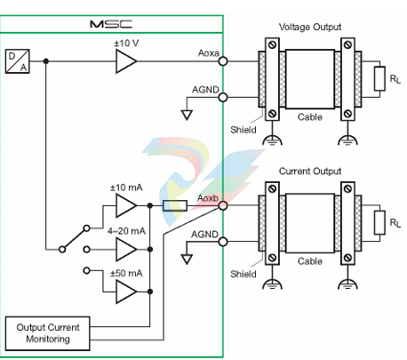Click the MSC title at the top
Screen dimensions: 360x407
[x=110, y=24]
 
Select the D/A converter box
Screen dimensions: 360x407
[x=17, y=60]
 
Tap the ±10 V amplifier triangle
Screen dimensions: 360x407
[x=125, y=62]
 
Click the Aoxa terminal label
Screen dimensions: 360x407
[x=208, y=53]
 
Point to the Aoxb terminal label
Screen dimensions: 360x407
[x=209, y=197]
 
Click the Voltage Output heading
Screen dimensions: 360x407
[x=309, y=27]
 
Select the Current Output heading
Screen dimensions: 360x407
[x=309, y=171]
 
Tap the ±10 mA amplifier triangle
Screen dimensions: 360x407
[x=125, y=206]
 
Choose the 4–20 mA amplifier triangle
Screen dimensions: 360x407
[x=125, y=247]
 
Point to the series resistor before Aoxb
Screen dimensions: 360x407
[x=174, y=206]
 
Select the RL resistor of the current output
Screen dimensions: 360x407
[x=379, y=221]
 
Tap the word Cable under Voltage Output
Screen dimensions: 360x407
[x=310, y=117]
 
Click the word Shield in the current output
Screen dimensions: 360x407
[x=242, y=274]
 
